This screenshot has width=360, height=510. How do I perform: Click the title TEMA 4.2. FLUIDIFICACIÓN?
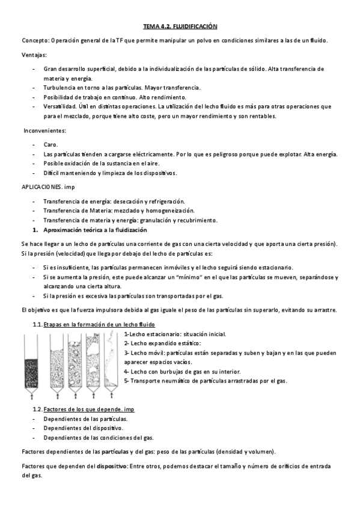[x=180, y=26]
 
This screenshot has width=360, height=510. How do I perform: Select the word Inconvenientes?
[x=45, y=131]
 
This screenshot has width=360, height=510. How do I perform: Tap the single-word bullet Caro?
[x=50, y=145]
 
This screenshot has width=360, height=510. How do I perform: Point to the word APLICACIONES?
[x=41, y=187]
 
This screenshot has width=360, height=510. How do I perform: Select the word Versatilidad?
[x=63, y=106]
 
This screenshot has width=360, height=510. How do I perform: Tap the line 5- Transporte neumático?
[x=205, y=381]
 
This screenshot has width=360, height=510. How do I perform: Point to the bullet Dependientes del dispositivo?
[x=82, y=428]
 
